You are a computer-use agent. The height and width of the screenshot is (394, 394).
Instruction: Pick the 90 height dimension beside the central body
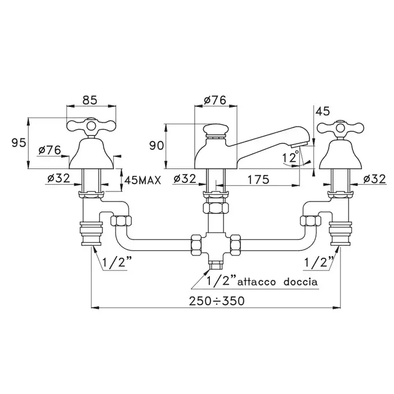(156, 145)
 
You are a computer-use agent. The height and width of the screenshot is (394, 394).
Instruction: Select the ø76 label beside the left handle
(50, 150)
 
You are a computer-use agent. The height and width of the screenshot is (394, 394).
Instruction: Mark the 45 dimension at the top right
(323, 111)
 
